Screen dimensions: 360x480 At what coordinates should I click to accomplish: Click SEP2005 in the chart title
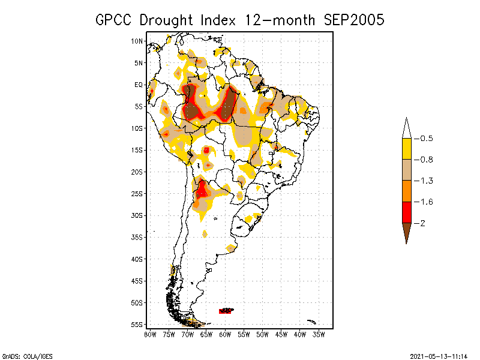[x=353, y=20]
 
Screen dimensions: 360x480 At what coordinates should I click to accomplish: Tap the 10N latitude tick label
[x=137, y=41]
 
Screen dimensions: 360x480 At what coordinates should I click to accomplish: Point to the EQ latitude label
[x=139, y=85]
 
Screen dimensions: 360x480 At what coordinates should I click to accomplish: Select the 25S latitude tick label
[x=137, y=194]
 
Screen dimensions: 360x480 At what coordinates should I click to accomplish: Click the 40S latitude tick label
[x=137, y=259]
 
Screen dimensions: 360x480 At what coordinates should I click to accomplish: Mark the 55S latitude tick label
[x=137, y=325]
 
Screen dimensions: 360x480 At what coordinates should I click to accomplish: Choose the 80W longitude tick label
[x=150, y=334]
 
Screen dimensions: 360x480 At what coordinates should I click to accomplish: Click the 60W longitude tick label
[x=225, y=334]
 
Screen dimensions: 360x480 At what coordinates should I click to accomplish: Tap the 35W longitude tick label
[x=319, y=334]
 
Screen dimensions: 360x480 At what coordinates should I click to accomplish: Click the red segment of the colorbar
[x=407, y=212]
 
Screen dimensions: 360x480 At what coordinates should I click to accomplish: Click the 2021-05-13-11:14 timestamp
[x=439, y=355]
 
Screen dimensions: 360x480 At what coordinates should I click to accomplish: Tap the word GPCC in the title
[x=115, y=20]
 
